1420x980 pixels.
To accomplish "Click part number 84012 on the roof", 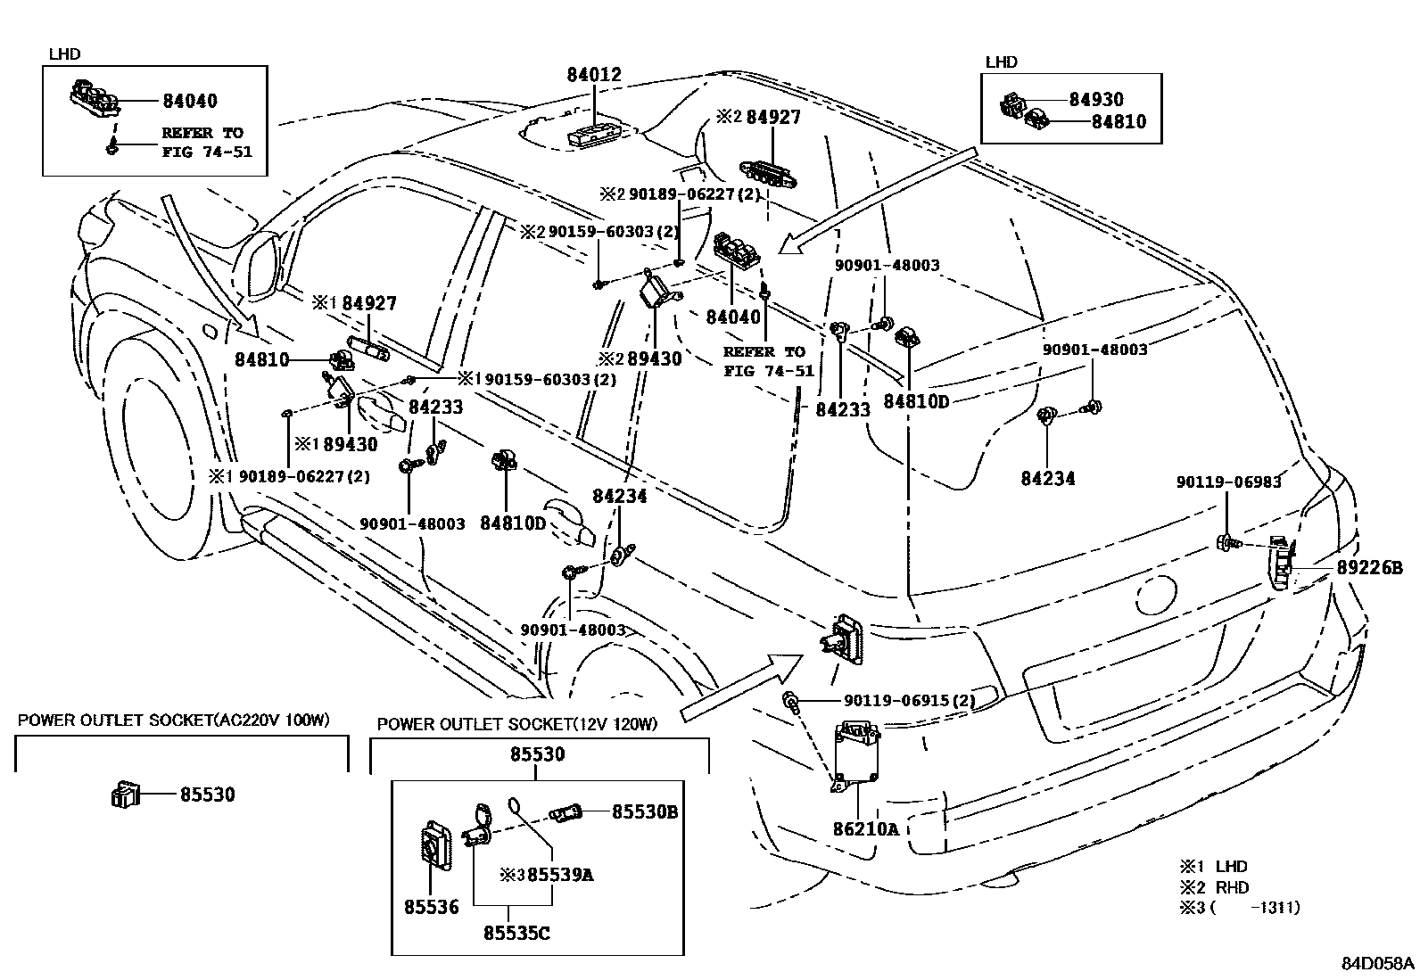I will (594, 76).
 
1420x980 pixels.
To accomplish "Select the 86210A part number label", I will (865, 828).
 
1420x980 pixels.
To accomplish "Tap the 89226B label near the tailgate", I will (1369, 568).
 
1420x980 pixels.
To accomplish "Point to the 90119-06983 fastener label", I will (1228, 482).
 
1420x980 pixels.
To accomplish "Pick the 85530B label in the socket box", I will (645, 811).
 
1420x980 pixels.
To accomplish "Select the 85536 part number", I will (431, 907).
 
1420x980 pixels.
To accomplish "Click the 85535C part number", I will (516, 933).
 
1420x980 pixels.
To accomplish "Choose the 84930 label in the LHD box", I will (1096, 100).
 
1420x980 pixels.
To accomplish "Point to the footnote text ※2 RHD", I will (1215, 887).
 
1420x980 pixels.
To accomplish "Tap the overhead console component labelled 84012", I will (595, 134).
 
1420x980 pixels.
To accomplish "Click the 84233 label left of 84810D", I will (842, 409).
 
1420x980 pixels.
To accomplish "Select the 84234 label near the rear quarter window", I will (1048, 479).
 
